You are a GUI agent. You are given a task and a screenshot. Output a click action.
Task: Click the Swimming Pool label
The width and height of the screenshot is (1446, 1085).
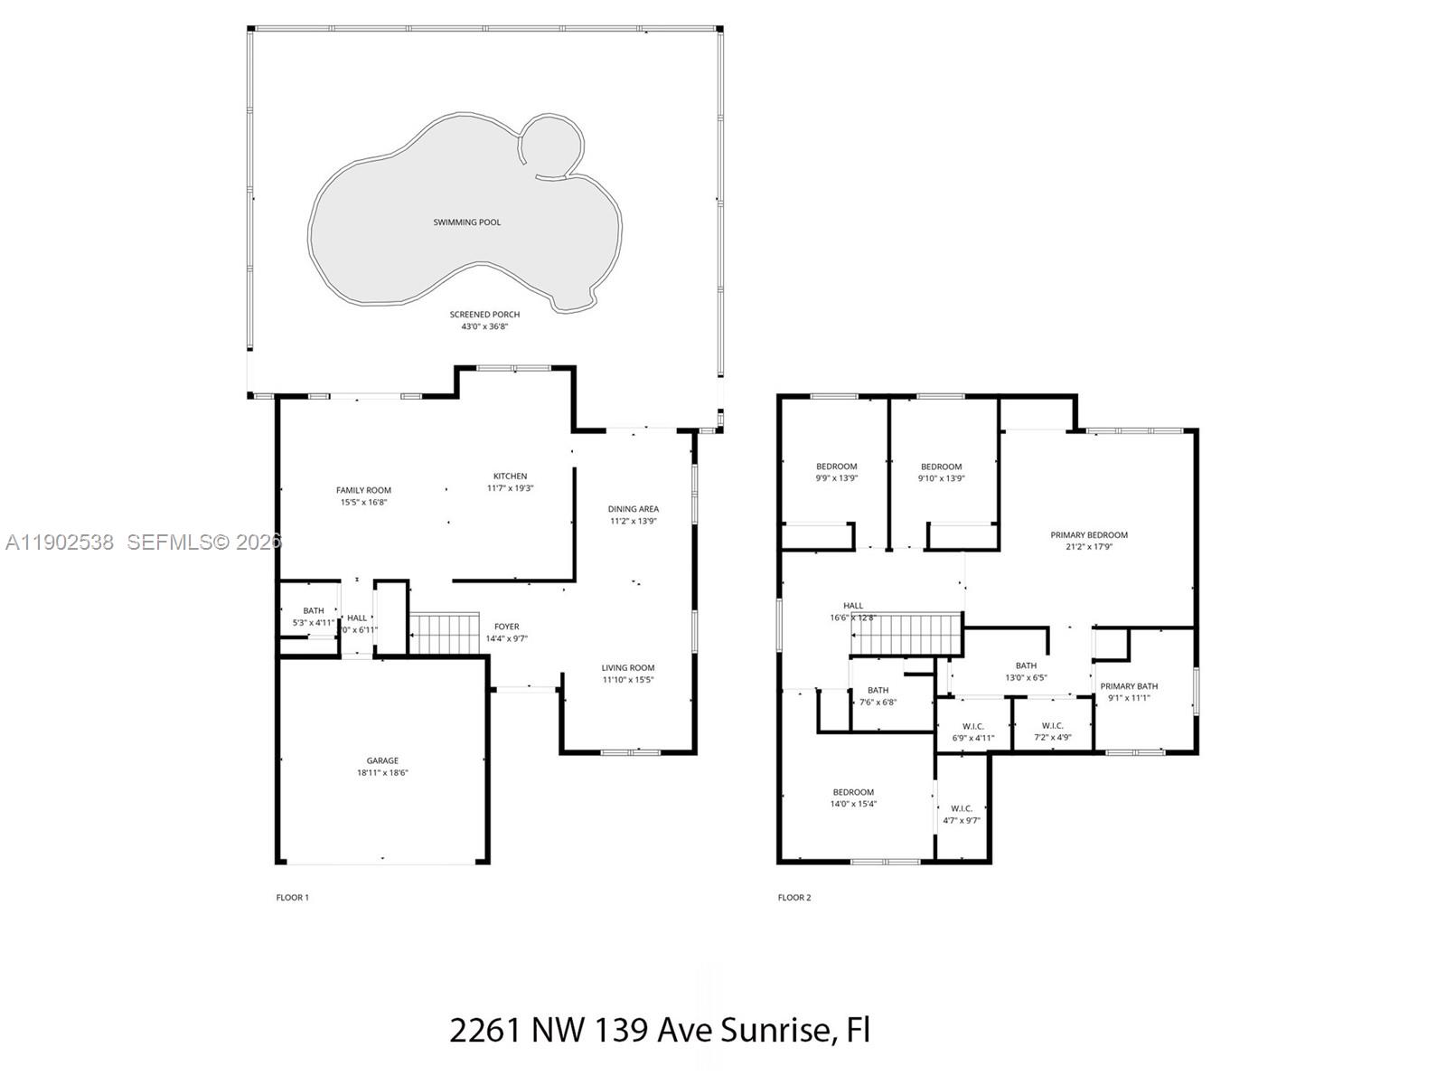[466, 222]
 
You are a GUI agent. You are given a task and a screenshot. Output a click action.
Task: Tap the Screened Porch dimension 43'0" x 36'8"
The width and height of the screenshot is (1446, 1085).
[484, 326]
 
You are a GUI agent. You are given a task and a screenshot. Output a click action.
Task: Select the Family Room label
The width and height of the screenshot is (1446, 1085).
[363, 490]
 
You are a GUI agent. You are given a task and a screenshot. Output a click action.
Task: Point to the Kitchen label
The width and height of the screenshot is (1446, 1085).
[510, 476]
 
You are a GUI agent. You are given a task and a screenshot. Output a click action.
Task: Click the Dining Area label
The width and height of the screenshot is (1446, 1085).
[633, 509]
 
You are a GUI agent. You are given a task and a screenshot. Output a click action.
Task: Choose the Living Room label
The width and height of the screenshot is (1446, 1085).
[627, 668]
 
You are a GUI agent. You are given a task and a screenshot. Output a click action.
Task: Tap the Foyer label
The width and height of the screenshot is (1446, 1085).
[506, 627]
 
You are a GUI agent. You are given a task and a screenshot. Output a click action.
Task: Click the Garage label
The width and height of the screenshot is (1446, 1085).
[382, 761]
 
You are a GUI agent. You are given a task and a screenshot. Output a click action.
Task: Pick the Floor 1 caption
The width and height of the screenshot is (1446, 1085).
[292, 898]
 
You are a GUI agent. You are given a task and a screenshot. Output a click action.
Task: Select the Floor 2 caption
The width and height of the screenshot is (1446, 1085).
[794, 898]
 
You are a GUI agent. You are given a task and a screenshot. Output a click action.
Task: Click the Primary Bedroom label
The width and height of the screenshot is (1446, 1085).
[1089, 535]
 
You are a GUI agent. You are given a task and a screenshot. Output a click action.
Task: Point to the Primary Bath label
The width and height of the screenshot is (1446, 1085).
[1129, 686]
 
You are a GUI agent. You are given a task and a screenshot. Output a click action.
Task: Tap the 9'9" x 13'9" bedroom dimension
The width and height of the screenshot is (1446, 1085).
[836, 478]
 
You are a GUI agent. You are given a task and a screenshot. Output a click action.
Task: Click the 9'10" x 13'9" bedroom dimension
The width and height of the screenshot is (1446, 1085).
[941, 478]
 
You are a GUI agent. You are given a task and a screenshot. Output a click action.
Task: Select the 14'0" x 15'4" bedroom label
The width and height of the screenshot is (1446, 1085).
[853, 792]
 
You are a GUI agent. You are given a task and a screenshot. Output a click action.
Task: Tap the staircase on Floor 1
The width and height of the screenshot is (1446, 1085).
[445, 633]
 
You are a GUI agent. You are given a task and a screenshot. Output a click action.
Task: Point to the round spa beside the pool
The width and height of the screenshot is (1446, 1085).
[551, 145]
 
